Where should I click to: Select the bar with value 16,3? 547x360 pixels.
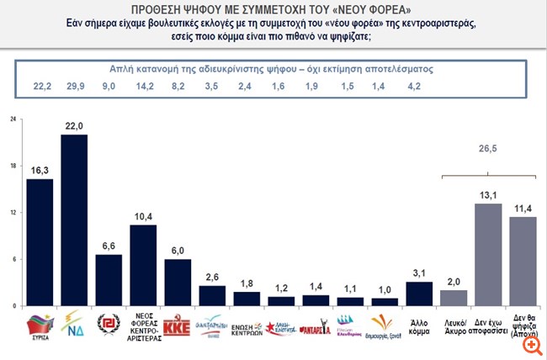40,241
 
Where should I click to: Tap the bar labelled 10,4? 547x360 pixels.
143,264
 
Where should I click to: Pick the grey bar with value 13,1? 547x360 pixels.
487,253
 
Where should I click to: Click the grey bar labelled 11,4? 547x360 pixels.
523,260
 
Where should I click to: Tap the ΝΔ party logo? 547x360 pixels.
74,323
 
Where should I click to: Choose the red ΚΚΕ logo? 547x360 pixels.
178,326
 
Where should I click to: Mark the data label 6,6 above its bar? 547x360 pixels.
108,244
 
